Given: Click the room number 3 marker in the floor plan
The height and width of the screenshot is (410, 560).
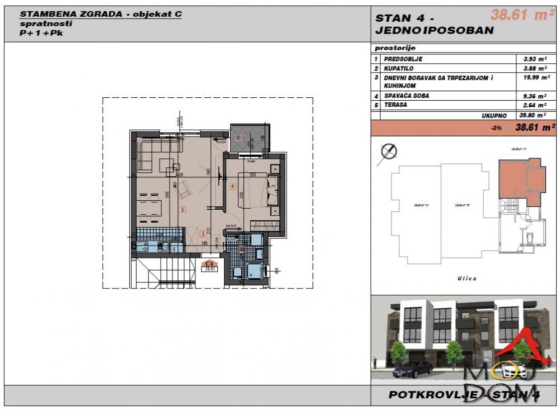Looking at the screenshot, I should click(x=183, y=210).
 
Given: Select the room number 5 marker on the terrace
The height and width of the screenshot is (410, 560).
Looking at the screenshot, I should click(x=238, y=138).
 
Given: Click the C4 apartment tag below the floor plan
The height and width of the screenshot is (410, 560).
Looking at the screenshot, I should click(x=210, y=265).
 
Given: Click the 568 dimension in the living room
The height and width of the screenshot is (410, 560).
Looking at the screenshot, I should click(x=167, y=196).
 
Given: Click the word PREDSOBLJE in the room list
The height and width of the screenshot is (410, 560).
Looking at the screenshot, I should click(x=403, y=59).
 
